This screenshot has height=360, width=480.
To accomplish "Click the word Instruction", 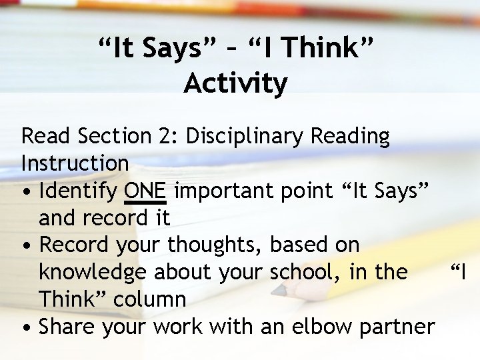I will point(75,163).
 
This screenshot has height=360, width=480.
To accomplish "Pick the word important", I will point(227,191).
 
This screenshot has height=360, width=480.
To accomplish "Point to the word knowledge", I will point(91,273).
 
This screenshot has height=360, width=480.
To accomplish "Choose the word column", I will point(150,300).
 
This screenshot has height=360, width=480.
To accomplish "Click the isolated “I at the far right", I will point(460,272).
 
